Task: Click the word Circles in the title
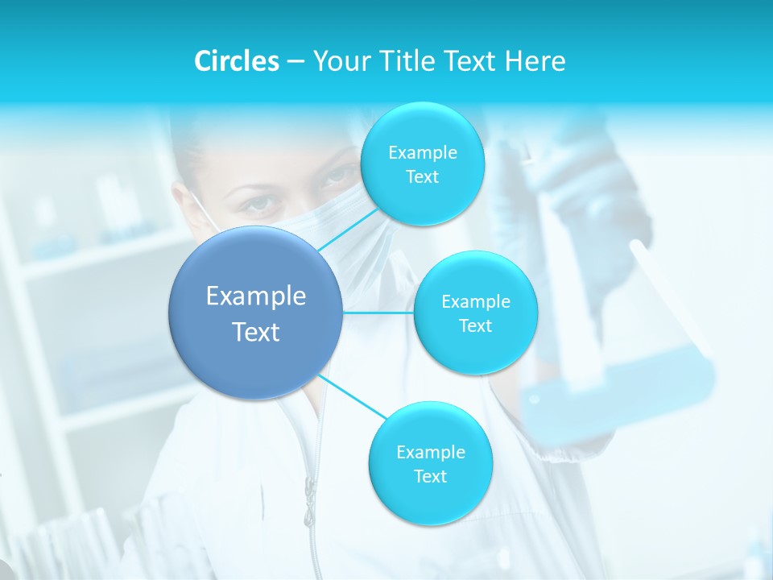(x=236, y=61)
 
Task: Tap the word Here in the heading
(x=535, y=61)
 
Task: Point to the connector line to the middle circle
(x=378, y=312)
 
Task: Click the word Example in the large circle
(x=256, y=296)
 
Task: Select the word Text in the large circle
(x=256, y=332)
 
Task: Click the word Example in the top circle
(x=422, y=152)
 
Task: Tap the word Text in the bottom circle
(x=430, y=476)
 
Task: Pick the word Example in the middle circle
(x=475, y=302)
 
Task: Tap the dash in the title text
(x=296, y=61)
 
